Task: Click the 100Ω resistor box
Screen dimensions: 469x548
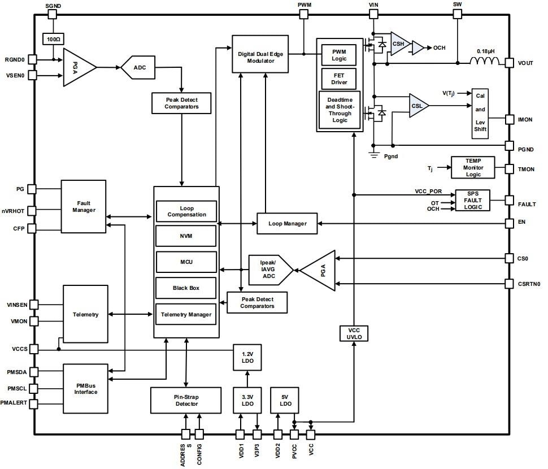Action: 53,39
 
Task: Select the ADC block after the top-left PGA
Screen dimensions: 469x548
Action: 139,67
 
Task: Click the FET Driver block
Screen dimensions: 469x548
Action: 339,78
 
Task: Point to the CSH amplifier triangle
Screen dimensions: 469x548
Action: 399,44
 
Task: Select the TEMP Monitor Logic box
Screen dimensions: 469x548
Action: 473,168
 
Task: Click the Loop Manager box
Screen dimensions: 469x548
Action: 288,223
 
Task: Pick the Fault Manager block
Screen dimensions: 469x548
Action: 84,206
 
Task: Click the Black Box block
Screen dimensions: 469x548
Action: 186,288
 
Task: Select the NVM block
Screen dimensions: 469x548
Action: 186,236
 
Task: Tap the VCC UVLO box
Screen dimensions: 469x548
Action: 354,333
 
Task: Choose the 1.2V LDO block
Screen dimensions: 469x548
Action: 247,357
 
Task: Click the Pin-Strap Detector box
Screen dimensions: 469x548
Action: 185,400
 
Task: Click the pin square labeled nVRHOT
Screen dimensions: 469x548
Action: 32,211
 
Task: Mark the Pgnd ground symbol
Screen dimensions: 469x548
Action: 373,154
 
